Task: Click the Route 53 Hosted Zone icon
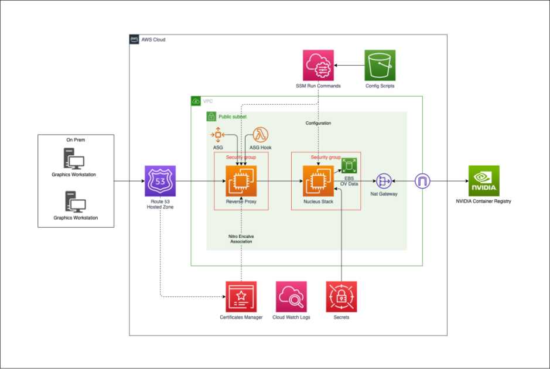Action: [x=160, y=181]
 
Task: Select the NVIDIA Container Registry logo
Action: [x=484, y=181]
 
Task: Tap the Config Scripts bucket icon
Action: [x=380, y=66]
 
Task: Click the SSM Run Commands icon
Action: [x=318, y=66]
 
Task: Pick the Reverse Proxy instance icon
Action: [x=241, y=181]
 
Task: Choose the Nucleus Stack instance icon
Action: [x=318, y=181]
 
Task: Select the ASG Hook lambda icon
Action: [x=260, y=135]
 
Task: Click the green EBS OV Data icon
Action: [x=349, y=165]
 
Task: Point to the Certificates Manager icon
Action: [x=241, y=296]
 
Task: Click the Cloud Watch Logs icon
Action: [x=291, y=296]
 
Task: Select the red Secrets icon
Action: [x=341, y=296]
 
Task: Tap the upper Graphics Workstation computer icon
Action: [x=74, y=159]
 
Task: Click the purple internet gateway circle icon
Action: [x=423, y=181]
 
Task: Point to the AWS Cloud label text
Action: [x=153, y=40]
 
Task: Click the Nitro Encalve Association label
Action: [x=241, y=238]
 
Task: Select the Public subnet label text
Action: [x=232, y=117]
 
